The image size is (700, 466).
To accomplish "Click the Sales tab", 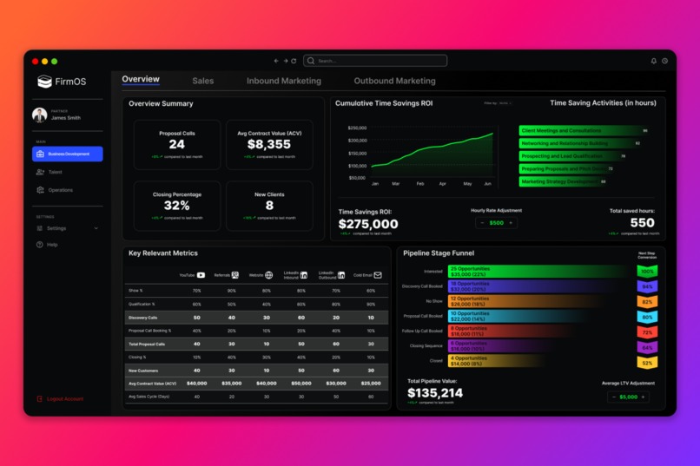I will click(203, 81).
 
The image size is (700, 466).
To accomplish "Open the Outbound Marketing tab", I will click(394, 81).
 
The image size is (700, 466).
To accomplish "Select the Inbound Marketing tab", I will click(283, 81).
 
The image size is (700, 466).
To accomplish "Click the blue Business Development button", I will click(68, 154).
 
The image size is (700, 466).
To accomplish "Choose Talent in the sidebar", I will click(54, 172).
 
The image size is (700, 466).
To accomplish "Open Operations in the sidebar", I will click(59, 190).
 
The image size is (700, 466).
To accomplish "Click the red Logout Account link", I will click(64, 399).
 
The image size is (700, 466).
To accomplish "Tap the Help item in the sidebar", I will click(52, 245).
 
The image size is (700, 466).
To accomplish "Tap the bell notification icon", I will click(654, 61).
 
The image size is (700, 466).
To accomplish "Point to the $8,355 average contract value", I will click(269, 145).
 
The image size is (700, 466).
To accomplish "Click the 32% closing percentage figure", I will click(177, 206).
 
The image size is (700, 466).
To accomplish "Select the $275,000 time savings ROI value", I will click(368, 224).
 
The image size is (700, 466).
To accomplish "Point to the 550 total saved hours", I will click(642, 223).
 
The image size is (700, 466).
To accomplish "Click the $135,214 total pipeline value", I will click(435, 393).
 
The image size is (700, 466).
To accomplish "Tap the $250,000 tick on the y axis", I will click(356, 128).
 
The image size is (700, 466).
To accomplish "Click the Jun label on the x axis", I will click(487, 184).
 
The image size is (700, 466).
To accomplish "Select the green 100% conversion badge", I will click(647, 272).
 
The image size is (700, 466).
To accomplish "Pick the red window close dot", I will click(36, 62).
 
